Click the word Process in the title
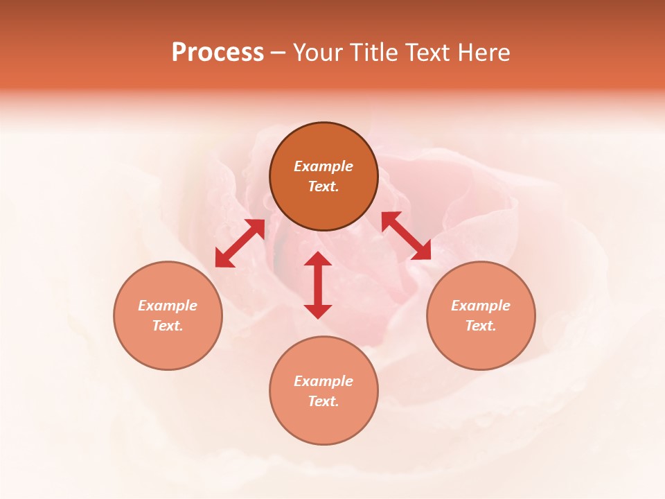[218, 53]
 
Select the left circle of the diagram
[168, 315]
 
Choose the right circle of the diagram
[481, 315]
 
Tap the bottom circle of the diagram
[323, 391]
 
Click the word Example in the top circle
[323, 166]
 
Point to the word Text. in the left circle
[168, 326]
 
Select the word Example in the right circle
[481, 306]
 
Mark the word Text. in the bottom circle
[323, 401]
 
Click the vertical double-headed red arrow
[318, 285]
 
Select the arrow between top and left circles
[240, 243]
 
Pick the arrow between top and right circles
[406, 236]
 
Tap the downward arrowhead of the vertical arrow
[318, 310]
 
